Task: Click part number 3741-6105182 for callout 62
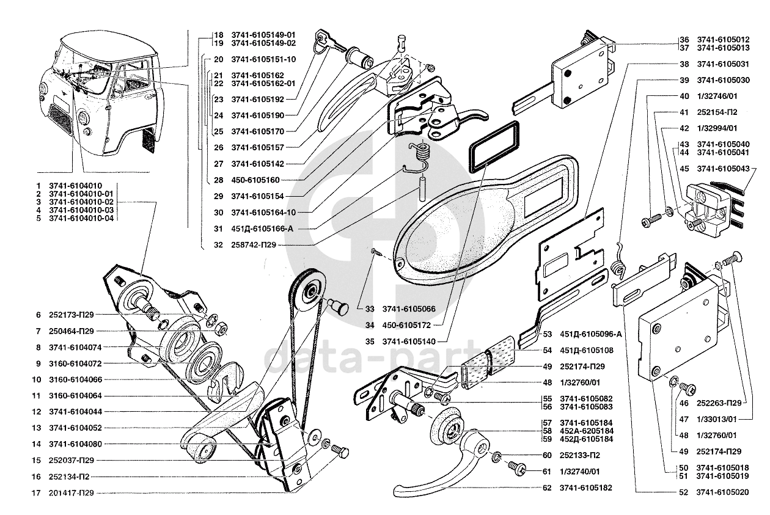[x=586, y=488]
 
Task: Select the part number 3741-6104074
[x=76, y=347]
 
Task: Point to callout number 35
[x=370, y=342]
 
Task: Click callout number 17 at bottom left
[x=37, y=493]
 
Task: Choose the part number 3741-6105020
[x=722, y=492]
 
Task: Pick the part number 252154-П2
[x=717, y=112]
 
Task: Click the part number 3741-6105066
[x=409, y=309]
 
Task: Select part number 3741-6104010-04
[x=81, y=218]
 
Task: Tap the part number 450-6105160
[x=255, y=180]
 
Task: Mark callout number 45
[x=684, y=168]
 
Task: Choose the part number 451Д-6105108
[x=587, y=350]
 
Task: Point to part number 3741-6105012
[x=722, y=40]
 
